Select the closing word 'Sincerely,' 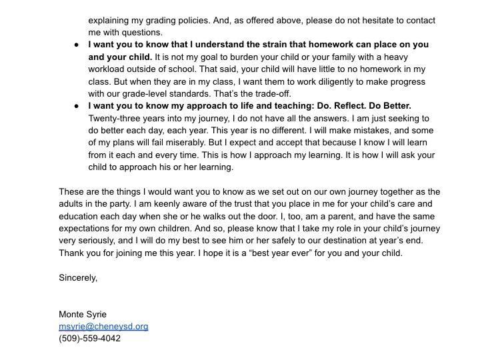(78, 277)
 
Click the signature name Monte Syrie (83, 314)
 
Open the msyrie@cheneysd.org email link (103, 326)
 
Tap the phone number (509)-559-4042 (90, 339)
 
